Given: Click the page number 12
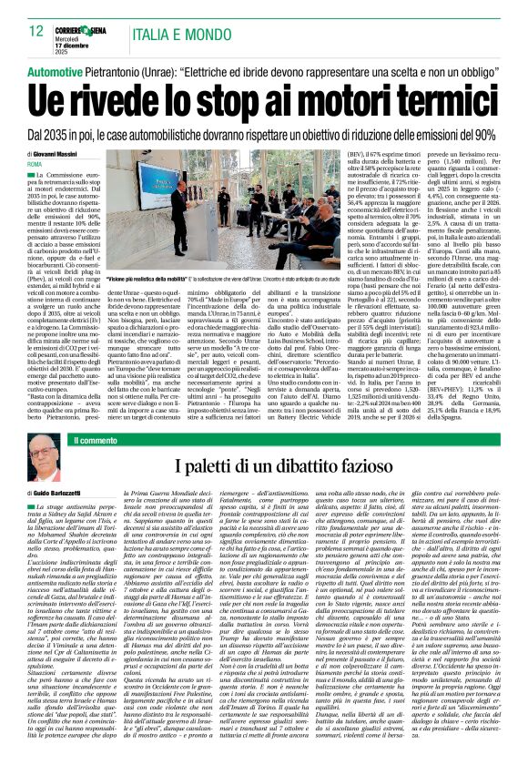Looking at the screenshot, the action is tap(36, 31).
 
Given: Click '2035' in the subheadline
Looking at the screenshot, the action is tap(59, 134).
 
